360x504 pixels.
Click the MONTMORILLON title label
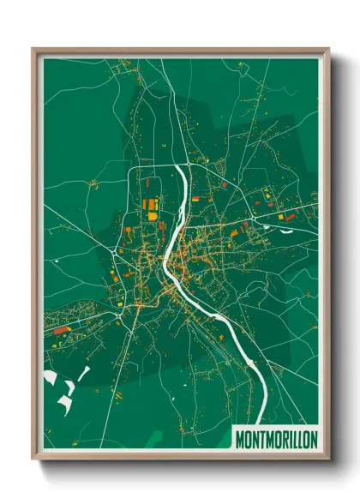point(276,439)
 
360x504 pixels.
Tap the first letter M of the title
point(240,439)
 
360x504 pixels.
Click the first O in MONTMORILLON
point(248,439)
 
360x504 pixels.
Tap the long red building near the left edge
point(61,330)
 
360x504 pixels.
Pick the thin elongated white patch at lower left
point(84,373)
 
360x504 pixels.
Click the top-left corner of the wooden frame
point(34,50)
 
